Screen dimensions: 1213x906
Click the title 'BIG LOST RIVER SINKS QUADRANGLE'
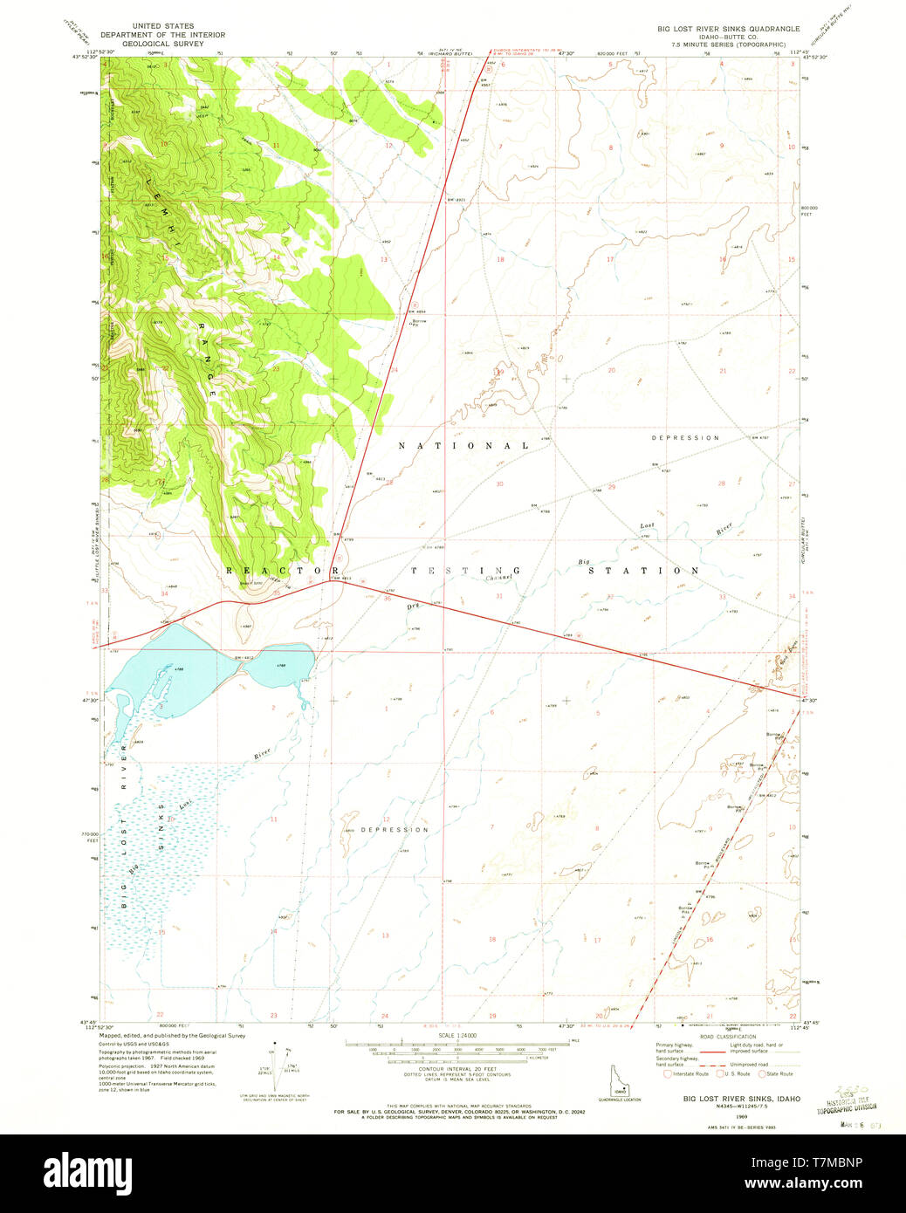[728, 29]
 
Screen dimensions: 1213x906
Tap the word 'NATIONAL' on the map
[463, 446]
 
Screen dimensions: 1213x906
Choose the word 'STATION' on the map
[643, 571]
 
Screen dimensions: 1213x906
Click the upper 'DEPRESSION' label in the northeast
[685, 437]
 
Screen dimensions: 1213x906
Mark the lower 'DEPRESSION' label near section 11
[395, 829]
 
